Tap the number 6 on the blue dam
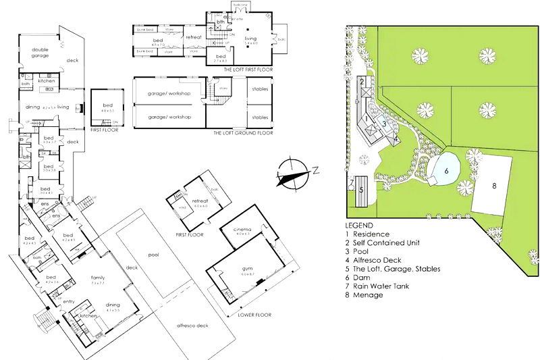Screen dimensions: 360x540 [x=446, y=171]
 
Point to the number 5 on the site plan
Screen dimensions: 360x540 [x=361, y=190]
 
